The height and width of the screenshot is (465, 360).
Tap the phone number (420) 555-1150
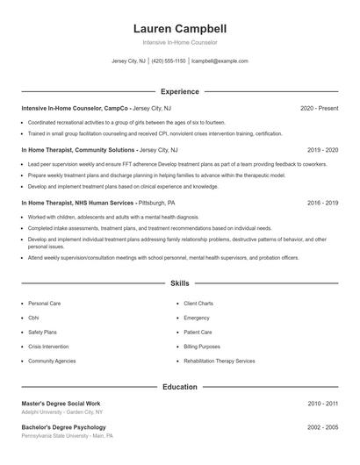pyautogui.click(x=169, y=61)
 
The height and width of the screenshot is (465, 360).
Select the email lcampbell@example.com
pyautogui.click(x=220, y=61)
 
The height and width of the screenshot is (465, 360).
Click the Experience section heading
pyautogui.click(x=179, y=91)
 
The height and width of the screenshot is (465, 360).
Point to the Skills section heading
pyautogui.click(x=179, y=284)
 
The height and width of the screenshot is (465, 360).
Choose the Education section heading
pyautogui.click(x=179, y=387)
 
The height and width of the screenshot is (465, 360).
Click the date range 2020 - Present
pyautogui.click(x=319, y=108)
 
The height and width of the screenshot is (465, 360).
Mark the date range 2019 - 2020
pyautogui.click(x=322, y=150)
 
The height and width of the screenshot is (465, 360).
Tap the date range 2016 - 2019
pyautogui.click(x=322, y=203)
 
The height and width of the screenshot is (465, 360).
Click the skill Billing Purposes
pyautogui.click(x=202, y=347)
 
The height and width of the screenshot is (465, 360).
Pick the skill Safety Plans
pyautogui.click(x=42, y=333)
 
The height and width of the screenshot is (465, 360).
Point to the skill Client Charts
pyautogui.click(x=198, y=304)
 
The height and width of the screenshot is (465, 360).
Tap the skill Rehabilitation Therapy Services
pyautogui.click(x=220, y=361)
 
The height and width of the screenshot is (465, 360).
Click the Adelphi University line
pyautogui.click(x=61, y=411)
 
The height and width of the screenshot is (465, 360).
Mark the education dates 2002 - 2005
pyautogui.click(x=322, y=427)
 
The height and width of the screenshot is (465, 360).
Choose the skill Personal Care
pyautogui.click(x=44, y=304)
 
